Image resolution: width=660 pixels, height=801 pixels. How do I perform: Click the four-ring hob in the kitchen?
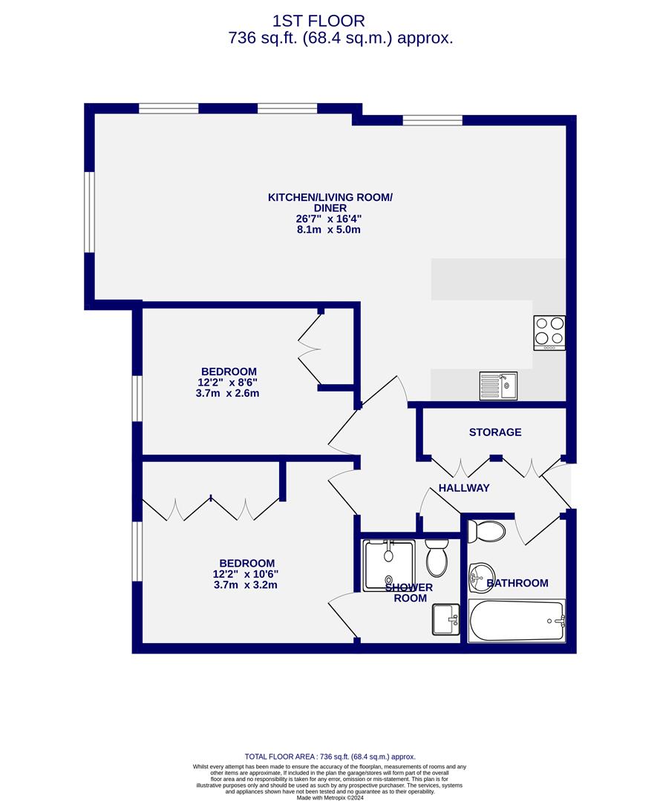549,332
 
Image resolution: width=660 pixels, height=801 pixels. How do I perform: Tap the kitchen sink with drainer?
498,386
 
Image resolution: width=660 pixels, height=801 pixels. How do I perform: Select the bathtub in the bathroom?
517,621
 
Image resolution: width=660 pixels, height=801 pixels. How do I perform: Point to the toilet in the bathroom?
486,531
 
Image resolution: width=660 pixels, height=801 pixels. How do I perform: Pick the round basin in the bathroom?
480,577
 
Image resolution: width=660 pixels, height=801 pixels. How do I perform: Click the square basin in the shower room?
445,619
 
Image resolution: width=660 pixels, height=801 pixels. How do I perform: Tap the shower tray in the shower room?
388,565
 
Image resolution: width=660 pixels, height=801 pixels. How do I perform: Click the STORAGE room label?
495,432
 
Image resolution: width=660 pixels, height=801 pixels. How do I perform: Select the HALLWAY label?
464,488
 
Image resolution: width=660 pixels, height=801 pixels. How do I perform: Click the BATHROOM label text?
517,583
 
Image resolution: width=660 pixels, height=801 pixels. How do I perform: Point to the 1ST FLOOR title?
318,21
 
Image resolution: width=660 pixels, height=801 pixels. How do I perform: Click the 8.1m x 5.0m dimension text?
329,230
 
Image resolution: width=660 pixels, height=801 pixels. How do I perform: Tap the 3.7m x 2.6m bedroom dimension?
227,394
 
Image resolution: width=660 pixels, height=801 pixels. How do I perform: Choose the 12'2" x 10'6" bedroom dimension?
246,574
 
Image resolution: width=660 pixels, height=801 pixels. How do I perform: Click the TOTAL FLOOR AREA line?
330,756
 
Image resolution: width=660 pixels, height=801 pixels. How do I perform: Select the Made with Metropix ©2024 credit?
330,797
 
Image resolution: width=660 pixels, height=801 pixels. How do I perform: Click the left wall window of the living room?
90,212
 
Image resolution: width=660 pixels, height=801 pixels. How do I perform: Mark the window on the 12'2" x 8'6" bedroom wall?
137,399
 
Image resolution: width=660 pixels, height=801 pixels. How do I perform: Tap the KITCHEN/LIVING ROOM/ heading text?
330,197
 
